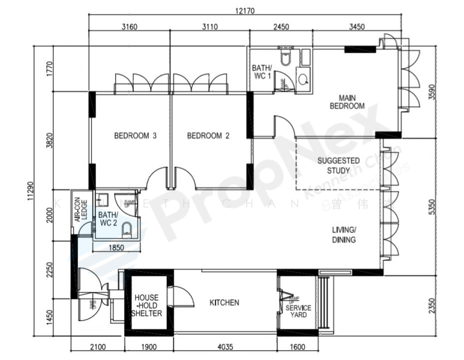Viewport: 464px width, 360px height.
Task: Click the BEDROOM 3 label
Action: (135, 136)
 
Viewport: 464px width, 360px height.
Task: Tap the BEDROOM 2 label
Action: (208, 136)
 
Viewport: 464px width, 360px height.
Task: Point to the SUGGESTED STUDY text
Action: (339, 166)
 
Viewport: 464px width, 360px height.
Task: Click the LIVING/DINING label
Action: (344, 235)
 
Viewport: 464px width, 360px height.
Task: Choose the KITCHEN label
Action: (224, 303)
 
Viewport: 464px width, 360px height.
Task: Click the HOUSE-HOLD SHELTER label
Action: (147, 305)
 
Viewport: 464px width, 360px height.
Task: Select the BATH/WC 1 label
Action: (261, 72)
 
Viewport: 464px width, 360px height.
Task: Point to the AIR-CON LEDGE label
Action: (80, 211)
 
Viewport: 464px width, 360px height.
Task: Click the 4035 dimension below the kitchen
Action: (226, 346)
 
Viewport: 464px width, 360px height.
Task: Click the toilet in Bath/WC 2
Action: (127, 230)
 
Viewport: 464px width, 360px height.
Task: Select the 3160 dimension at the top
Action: (130, 27)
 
